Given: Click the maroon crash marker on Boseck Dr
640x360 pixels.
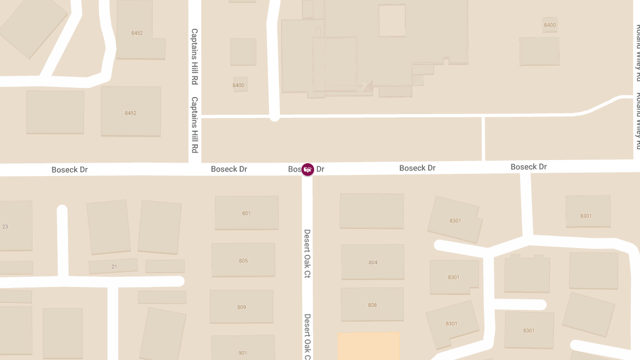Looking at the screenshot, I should [x=307, y=169].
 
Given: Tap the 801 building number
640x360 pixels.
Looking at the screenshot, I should [x=246, y=213].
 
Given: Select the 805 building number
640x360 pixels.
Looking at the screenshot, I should [x=243, y=261].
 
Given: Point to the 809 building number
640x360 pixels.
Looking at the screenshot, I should [x=242, y=307].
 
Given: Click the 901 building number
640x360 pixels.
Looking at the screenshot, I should [x=243, y=353].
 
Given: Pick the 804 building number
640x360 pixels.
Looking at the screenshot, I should [x=373, y=262].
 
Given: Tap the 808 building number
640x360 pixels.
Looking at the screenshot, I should [x=372, y=305].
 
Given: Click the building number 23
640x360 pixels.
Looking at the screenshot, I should [x=5, y=227].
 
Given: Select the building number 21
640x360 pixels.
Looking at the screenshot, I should [x=114, y=267].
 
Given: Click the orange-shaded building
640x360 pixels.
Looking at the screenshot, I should [x=369, y=346].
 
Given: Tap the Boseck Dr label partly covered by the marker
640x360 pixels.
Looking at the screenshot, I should [x=307, y=169].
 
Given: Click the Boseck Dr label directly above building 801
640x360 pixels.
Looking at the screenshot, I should [x=229, y=169].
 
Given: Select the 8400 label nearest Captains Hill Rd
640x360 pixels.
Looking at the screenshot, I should [x=238, y=85].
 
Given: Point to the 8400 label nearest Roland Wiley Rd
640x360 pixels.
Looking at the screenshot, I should [x=550, y=25].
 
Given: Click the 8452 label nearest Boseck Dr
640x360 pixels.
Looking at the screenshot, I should [x=131, y=113].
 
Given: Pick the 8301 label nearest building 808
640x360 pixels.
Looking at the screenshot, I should [x=452, y=324].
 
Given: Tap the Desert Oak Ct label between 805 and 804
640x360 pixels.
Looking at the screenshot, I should [x=307, y=254].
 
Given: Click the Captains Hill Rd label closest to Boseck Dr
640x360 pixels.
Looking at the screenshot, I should [x=195, y=124].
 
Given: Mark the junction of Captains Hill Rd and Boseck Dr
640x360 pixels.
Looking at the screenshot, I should [x=195, y=169].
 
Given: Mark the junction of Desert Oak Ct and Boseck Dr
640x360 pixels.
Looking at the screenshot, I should [x=307, y=170].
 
